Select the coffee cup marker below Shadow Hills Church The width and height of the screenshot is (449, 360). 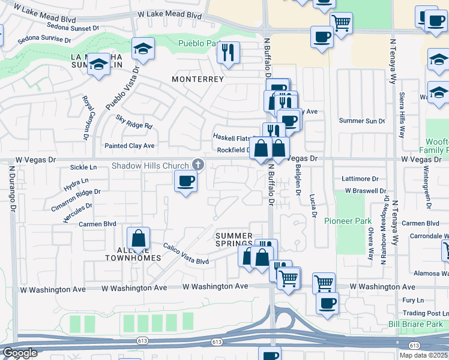click(x=185, y=180)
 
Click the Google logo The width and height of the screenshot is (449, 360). click(x=20, y=353)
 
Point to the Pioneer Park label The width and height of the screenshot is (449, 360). click(x=348, y=221)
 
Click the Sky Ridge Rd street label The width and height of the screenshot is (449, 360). click(x=134, y=126)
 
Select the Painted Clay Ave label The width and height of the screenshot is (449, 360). click(x=130, y=146)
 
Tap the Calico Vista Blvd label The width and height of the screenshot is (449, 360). click(x=186, y=254)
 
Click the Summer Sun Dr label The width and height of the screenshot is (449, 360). click(x=361, y=121)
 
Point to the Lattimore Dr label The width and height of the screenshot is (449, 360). click(x=360, y=179)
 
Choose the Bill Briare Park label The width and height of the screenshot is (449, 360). click(x=415, y=325)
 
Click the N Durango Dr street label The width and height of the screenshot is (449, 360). click(x=11, y=189)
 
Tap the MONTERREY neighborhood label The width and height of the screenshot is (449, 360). click(x=197, y=79)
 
